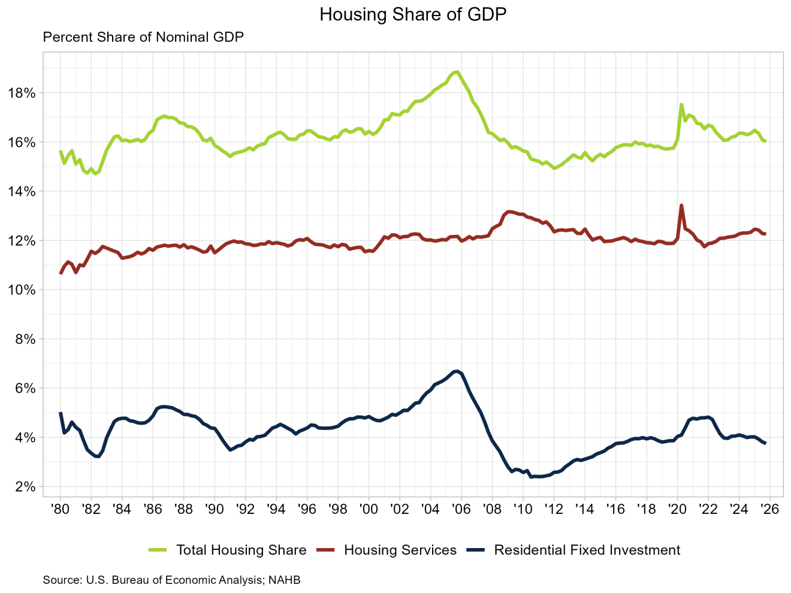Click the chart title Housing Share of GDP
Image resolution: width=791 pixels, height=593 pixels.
[413, 14]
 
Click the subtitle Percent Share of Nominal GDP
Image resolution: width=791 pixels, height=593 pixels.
[143, 37]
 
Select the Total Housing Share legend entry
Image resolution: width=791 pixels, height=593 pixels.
[241, 550]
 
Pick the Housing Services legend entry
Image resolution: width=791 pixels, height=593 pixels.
[400, 550]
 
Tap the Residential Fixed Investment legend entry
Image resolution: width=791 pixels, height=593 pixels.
[587, 550]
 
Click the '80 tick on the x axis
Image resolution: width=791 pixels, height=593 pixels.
[60, 509]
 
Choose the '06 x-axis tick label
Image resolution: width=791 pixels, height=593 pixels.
[461, 509]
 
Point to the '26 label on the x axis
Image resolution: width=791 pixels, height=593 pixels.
[769, 509]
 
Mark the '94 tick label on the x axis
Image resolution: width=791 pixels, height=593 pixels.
[276, 509]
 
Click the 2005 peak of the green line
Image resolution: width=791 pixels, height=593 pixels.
[457, 72]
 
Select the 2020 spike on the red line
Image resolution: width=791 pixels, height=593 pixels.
[681, 205]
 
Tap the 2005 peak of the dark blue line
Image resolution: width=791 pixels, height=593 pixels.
[457, 371]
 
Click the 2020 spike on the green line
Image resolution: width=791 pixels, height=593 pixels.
[681, 104]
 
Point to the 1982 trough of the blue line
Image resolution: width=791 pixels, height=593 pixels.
[98, 457]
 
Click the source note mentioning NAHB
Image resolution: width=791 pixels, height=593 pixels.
[171, 580]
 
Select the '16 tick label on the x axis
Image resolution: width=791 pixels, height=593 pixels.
[615, 509]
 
